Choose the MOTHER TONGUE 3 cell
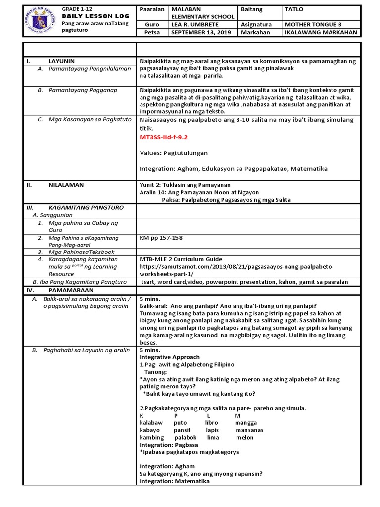(x=313, y=23)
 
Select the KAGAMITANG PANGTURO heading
(x=86, y=207)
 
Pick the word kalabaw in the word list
(x=151, y=423)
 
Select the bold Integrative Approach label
(x=169, y=357)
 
